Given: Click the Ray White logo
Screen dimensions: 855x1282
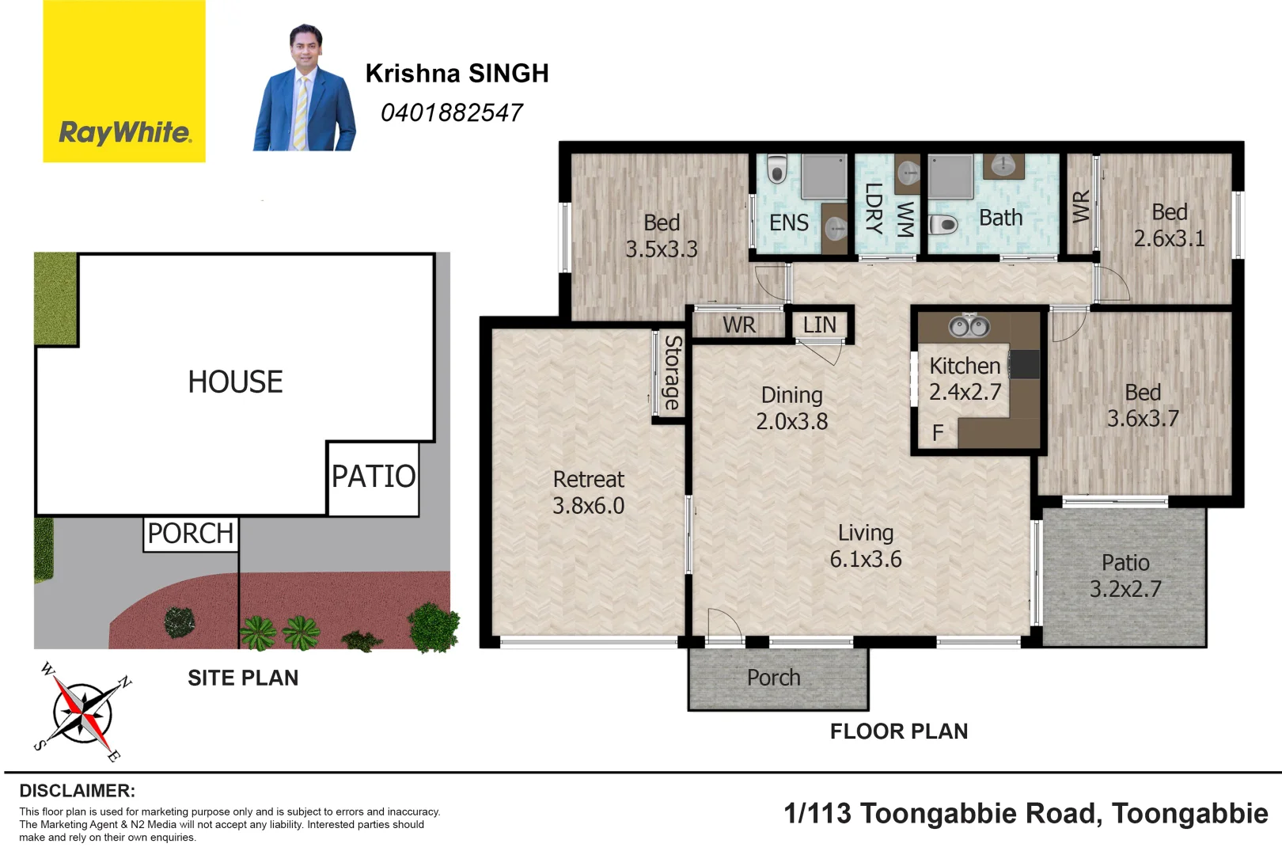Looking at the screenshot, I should pyautogui.click(x=124, y=82).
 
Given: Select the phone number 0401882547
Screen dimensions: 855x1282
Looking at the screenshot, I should pyautogui.click(x=451, y=113).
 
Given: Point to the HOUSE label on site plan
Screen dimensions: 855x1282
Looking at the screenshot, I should pyautogui.click(x=235, y=382).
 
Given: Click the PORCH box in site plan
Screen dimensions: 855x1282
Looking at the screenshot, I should pyautogui.click(x=191, y=534).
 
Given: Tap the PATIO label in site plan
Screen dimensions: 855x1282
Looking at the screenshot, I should pyautogui.click(x=374, y=477).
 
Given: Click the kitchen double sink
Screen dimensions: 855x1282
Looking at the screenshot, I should pyautogui.click(x=969, y=325).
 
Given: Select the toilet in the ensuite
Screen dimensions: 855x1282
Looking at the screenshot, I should pyautogui.click(x=777, y=169).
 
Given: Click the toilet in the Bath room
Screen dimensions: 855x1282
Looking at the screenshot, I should pyautogui.click(x=943, y=225).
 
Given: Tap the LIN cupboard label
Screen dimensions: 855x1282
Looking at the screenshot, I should pyautogui.click(x=819, y=325).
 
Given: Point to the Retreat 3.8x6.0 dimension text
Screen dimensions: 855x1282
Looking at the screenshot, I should pyautogui.click(x=588, y=506).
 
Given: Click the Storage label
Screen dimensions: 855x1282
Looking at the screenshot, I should pyautogui.click(x=672, y=373).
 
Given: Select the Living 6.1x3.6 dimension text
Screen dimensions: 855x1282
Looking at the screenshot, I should pyautogui.click(x=865, y=559).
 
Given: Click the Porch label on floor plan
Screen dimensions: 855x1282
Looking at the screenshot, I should pyautogui.click(x=773, y=678).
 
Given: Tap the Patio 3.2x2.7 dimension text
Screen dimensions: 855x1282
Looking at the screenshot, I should pyautogui.click(x=1125, y=589).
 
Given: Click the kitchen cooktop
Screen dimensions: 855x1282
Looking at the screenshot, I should pyautogui.click(x=1024, y=365).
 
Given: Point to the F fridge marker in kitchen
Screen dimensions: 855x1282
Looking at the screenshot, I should pyautogui.click(x=938, y=433).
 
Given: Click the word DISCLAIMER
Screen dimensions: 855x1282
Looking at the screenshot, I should pyautogui.click(x=77, y=791).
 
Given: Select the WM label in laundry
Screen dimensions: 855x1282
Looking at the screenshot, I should pyautogui.click(x=905, y=218).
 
